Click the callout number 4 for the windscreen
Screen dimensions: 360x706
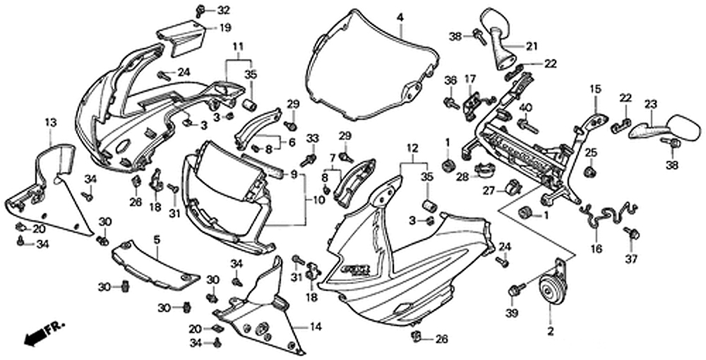(400, 16)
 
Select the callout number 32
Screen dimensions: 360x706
(223, 10)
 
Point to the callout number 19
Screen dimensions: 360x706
(224, 28)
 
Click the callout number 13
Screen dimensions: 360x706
(50, 123)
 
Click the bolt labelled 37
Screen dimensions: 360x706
(633, 234)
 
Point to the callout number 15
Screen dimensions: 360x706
(595, 89)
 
